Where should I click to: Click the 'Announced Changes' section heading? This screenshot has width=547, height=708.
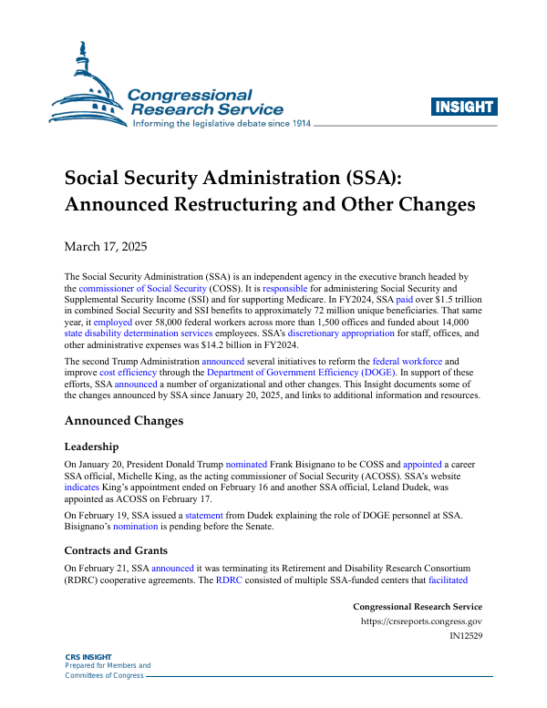click(x=124, y=421)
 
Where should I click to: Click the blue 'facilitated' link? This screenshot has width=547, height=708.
click(x=443, y=580)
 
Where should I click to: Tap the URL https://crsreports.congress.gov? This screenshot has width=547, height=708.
click(x=421, y=621)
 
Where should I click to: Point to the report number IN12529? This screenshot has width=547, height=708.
click(x=466, y=636)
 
